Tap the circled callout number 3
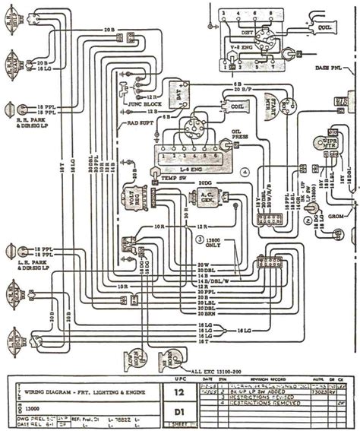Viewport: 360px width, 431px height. pyautogui.click(x=200, y=239)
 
